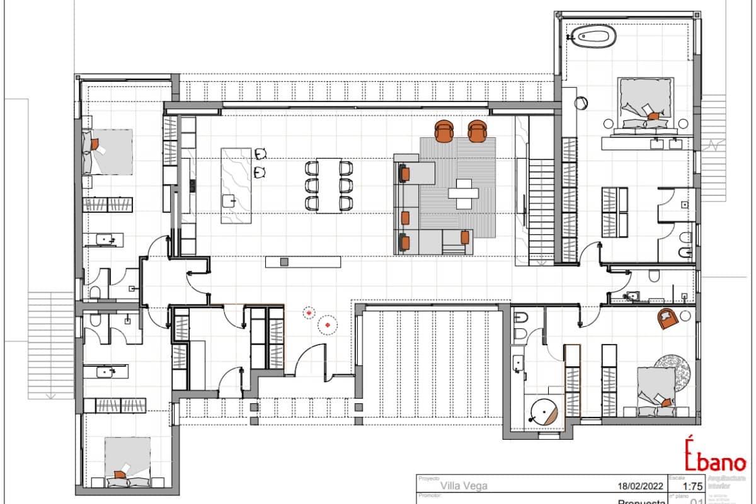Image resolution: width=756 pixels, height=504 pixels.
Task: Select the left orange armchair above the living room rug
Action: [x=445, y=130]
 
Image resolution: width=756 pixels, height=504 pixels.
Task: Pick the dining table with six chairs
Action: [x=328, y=185]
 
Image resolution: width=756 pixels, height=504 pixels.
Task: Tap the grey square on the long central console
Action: [x=283, y=261]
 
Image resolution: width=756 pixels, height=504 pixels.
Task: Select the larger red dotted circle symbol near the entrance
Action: [x=327, y=324]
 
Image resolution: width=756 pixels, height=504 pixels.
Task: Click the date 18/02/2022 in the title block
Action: [x=641, y=486]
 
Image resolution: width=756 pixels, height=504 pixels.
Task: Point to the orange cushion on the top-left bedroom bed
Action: [x=95, y=144]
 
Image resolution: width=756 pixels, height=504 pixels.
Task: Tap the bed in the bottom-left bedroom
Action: [x=127, y=463]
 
